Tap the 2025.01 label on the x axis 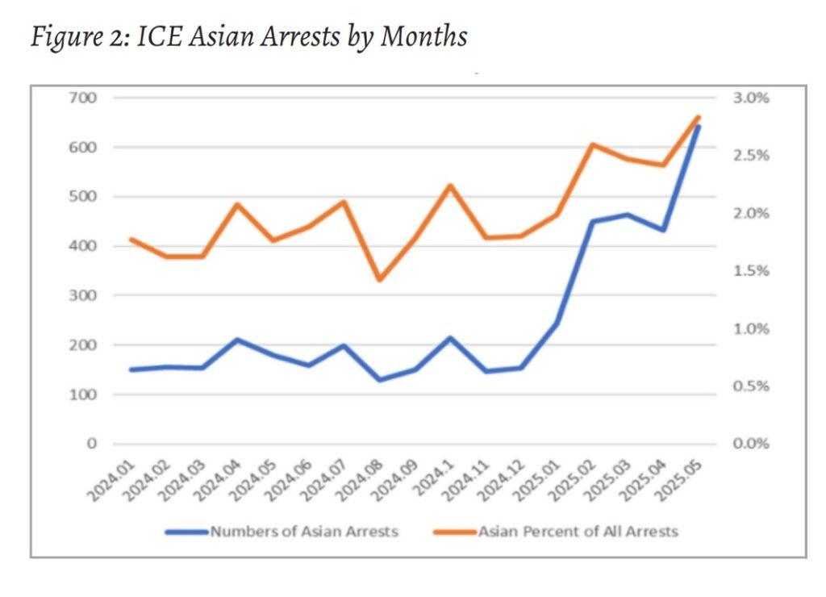pyautogui.click(x=540, y=479)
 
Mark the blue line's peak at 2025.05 pyautogui.click(x=698, y=127)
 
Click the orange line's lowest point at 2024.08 pyautogui.click(x=379, y=280)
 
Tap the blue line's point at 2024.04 pyautogui.click(x=237, y=340)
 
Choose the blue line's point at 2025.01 pyautogui.click(x=556, y=324)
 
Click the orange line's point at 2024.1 pyautogui.click(x=450, y=186)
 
